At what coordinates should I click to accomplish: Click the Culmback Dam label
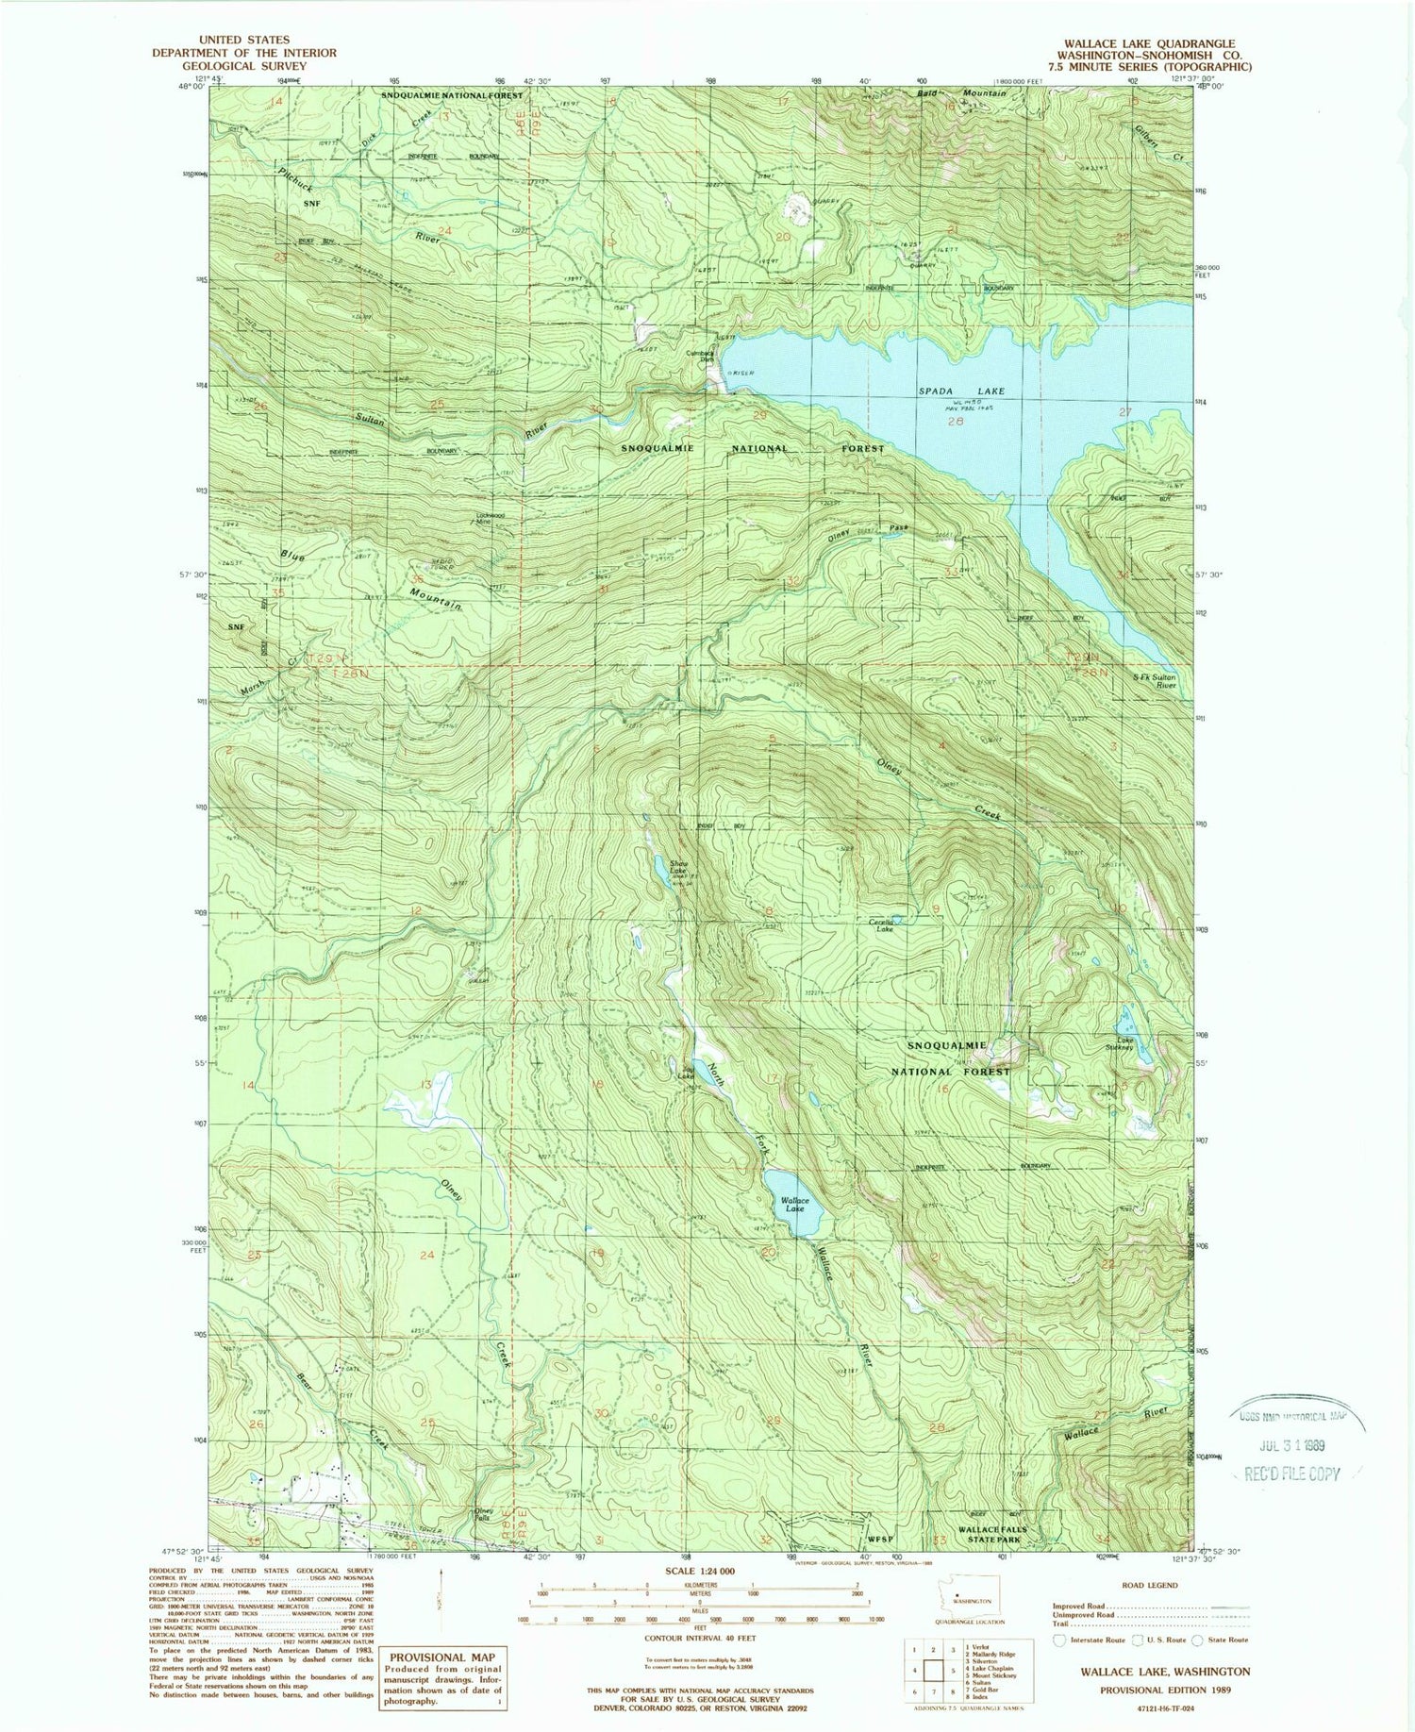pos(700,356)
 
